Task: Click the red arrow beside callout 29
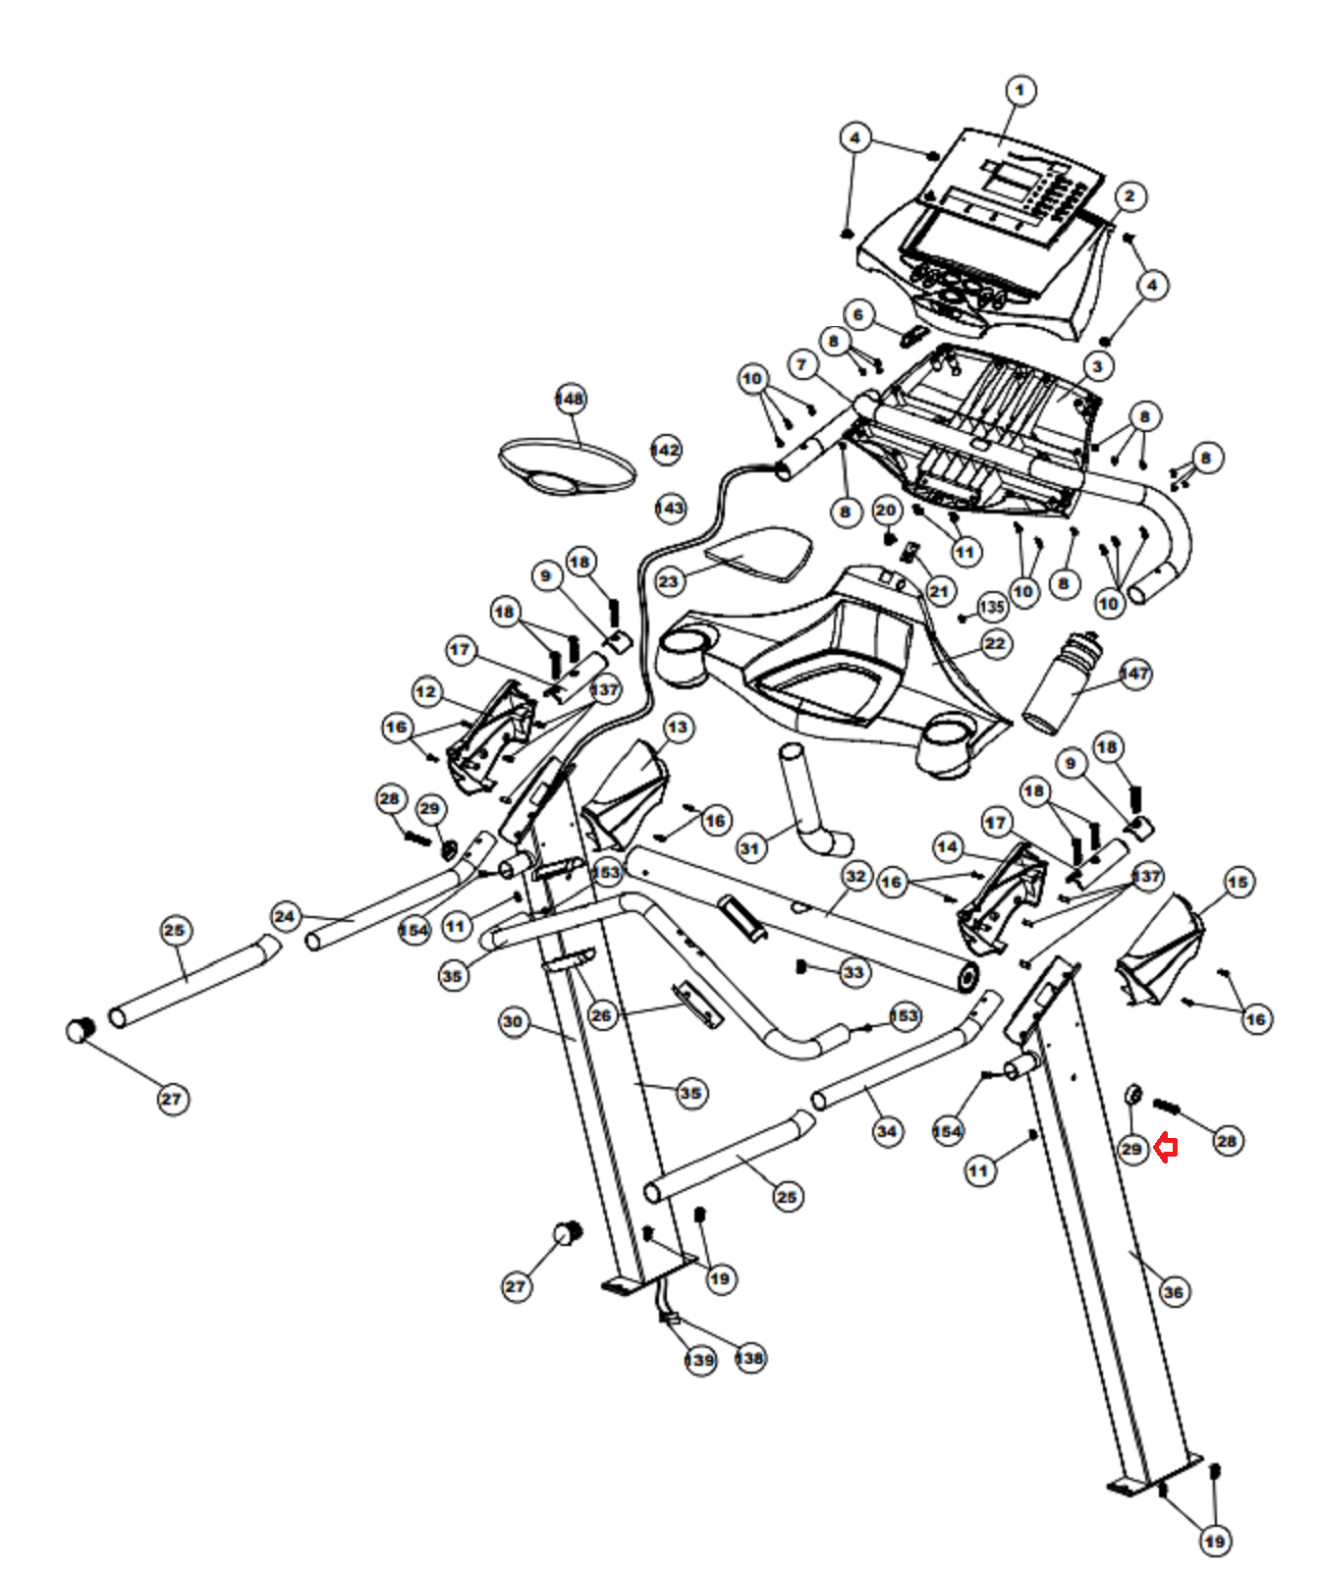click(1166, 1147)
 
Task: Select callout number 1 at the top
click(1020, 90)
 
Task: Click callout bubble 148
click(570, 399)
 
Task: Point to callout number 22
click(995, 644)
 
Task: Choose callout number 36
click(1173, 1291)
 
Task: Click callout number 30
click(513, 1022)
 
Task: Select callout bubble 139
click(699, 1360)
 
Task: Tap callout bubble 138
click(749, 1358)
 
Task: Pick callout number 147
click(1134, 674)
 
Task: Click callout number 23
click(669, 580)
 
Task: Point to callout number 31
click(750, 847)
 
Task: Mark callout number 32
click(856, 876)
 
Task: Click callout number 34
click(887, 1131)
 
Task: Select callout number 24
click(285, 917)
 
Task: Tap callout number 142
click(666, 450)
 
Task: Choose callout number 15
click(1238, 882)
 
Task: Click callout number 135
click(992, 607)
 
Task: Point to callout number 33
click(854, 972)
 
